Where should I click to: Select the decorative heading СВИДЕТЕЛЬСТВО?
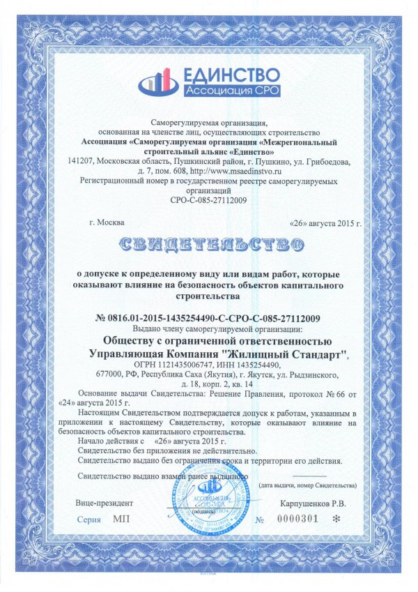coord(210,243)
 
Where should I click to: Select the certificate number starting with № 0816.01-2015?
coord(207,319)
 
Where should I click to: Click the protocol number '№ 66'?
coord(319,394)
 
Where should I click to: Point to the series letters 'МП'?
coord(121,520)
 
